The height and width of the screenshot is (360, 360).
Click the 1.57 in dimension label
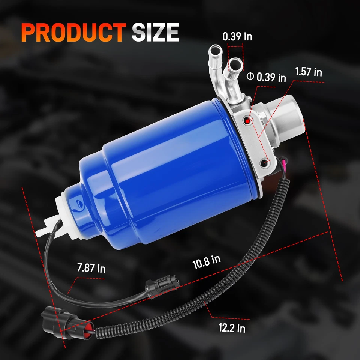tap(308, 72)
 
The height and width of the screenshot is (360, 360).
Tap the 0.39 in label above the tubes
tap(237, 37)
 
